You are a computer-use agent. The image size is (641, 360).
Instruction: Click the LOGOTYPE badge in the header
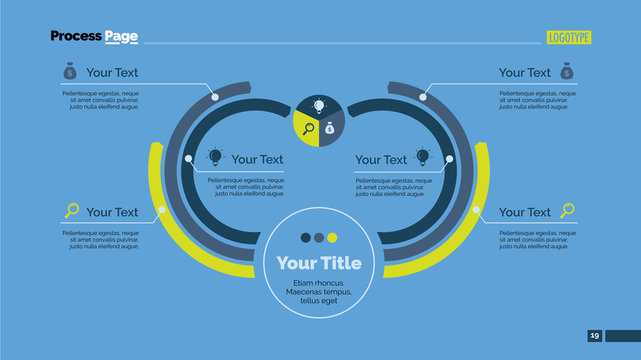[x=569, y=37]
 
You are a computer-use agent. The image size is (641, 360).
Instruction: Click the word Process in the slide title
[x=76, y=36]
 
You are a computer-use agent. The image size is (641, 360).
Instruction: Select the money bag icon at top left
[x=69, y=72]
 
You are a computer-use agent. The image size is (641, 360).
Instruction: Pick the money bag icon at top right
[x=566, y=72]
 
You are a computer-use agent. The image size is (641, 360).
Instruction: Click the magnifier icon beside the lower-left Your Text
[x=71, y=211]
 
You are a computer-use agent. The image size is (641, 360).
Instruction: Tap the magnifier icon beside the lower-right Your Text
[x=567, y=211]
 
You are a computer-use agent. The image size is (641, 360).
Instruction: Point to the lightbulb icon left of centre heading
[x=214, y=157]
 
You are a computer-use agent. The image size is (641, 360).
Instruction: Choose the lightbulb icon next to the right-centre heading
[x=423, y=157]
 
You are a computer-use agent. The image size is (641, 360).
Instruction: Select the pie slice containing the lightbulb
[x=319, y=107]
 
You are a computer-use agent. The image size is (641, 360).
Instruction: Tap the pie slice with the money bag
[x=332, y=128]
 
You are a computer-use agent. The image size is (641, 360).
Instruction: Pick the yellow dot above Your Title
[x=333, y=238]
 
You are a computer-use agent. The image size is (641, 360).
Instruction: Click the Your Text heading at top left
[x=112, y=73]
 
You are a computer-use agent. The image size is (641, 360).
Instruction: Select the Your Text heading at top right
[x=524, y=73]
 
